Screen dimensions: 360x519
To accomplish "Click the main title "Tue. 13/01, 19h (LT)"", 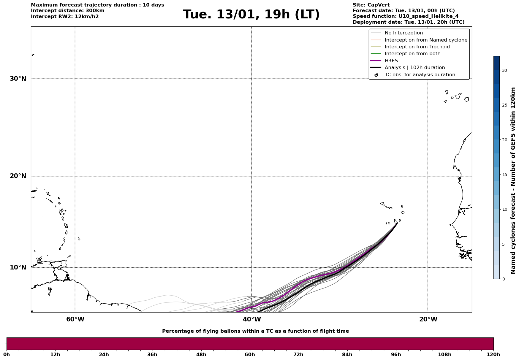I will pyautogui.click(x=251, y=15).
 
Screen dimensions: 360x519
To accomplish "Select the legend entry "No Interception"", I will pyautogui.click(x=404, y=33).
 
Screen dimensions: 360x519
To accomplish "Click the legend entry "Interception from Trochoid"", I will pyautogui.click(x=417, y=47).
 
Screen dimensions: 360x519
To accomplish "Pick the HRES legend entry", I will pyautogui.click(x=391, y=61).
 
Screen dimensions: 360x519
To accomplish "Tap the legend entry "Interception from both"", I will pyautogui.click(x=412, y=54).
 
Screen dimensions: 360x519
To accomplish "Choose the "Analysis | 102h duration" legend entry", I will pyautogui.click(x=414, y=68).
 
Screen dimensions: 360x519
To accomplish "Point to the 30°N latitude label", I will pyautogui.click(x=18, y=79).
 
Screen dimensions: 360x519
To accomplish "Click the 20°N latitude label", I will pyautogui.click(x=18, y=176).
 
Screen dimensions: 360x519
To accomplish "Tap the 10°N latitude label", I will pyautogui.click(x=18, y=267).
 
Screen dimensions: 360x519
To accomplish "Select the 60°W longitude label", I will pyautogui.click(x=75, y=319).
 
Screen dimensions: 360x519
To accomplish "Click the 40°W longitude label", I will pyautogui.click(x=251, y=319).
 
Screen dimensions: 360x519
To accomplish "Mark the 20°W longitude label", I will pyautogui.click(x=428, y=319).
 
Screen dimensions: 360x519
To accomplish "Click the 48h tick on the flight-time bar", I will pyautogui.click(x=201, y=354).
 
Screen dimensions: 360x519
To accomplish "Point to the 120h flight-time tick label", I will pyautogui.click(x=493, y=354).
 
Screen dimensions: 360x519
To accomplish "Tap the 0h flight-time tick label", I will pyautogui.click(x=7, y=354).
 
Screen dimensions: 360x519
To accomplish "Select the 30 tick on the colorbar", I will pyautogui.click(x=504, y=70).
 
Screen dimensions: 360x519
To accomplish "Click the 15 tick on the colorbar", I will pyautogui.click(x=504, y=175).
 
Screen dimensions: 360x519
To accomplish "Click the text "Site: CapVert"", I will pyautogui.click(x=371, y=5).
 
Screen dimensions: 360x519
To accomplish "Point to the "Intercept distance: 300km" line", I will pyautogui.click(x=67, y=11).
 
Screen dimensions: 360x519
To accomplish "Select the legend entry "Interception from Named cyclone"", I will pyautogui.click(x=426, y=40).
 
